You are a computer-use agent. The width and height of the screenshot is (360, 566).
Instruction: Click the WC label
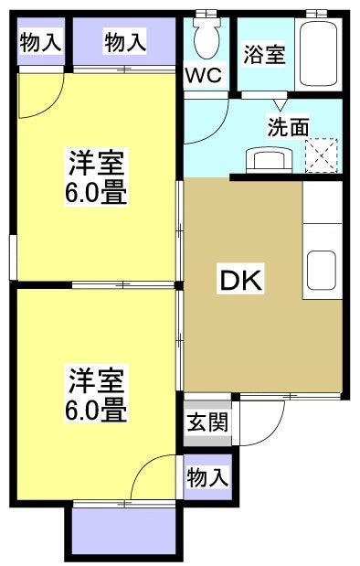pyautogui.click(x=205, y=76)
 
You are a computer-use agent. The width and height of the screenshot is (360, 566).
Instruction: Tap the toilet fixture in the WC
pyautogui.click(x=207, y=37)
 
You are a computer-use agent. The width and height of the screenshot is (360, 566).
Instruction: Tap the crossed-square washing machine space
pyautogui.click(x=322, y=155)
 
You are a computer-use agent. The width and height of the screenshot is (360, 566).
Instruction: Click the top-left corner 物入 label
pyautogui.click(x=39, y=42)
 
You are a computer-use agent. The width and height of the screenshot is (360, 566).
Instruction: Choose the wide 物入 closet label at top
pyautogui.click(x=124, y=42)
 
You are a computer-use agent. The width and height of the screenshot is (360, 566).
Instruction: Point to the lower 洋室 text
pyautogui.click(x=95, y=378)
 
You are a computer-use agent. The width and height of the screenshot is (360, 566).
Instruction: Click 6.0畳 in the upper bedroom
pyautogui.click(x=95, y=195)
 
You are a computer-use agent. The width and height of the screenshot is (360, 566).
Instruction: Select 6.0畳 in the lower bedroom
pyautogui.click(x=95, y=409)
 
